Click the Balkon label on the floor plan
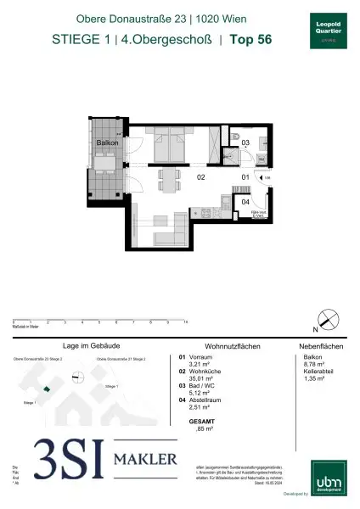[107, 143]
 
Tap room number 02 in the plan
[202, 179]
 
